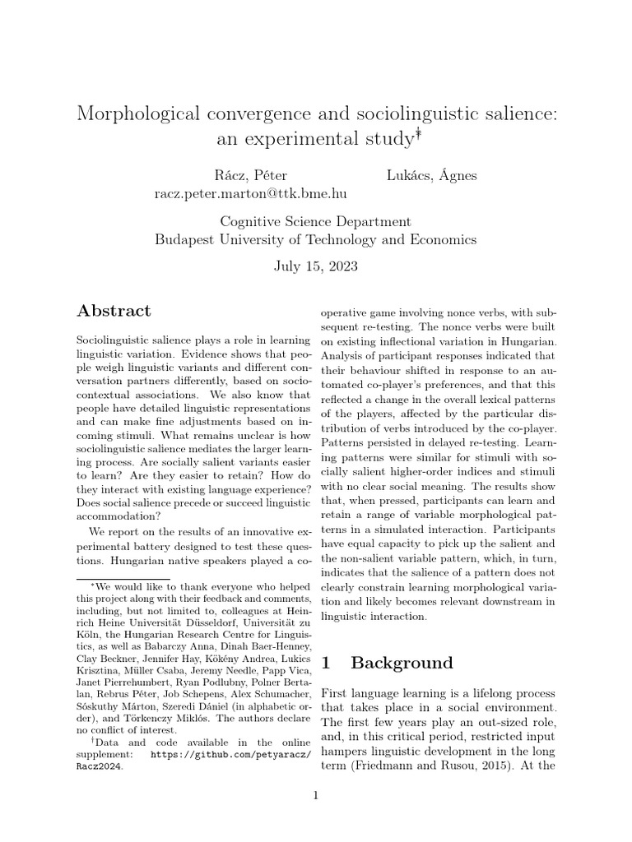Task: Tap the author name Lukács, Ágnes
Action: (431, 175)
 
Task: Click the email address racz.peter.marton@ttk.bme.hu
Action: (250, 194)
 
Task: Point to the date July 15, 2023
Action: (315, 267)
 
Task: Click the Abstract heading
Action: (114, 311)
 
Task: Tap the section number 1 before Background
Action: (324, 663)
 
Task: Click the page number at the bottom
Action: (315, 795)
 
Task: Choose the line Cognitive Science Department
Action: (315, 222)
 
